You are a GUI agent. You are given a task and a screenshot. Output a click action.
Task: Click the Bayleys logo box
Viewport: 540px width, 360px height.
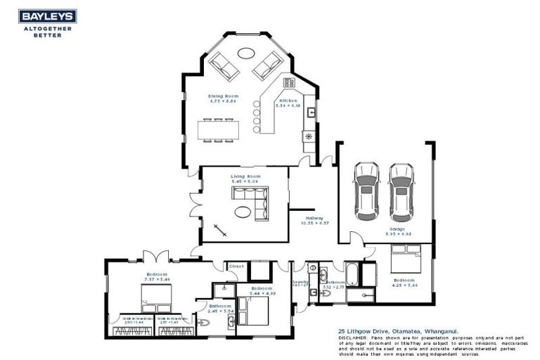[47, 16]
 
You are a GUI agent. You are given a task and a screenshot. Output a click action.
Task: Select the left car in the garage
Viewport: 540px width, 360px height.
[366, 190]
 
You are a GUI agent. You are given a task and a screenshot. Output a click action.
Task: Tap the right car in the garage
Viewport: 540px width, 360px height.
[401, 190]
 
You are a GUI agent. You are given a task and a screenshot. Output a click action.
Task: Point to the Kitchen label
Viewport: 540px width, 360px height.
[288, 101]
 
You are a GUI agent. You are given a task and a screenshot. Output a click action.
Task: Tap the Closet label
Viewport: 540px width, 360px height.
[236, 266]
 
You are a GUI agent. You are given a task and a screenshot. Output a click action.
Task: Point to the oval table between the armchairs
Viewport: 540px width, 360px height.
[246, 53]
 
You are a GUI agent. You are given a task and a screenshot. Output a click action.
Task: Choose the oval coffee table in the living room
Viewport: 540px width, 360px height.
[243, 211]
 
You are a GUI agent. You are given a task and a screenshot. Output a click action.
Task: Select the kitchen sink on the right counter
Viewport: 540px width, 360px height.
[310, 110]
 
